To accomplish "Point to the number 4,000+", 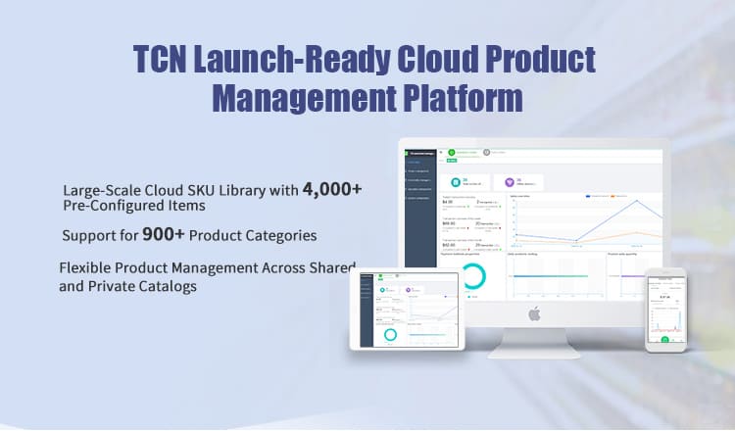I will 333,188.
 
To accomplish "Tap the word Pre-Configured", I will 110,208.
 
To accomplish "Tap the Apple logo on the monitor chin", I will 534,313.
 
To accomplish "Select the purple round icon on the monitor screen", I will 510,181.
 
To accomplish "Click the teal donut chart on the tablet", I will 390,333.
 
